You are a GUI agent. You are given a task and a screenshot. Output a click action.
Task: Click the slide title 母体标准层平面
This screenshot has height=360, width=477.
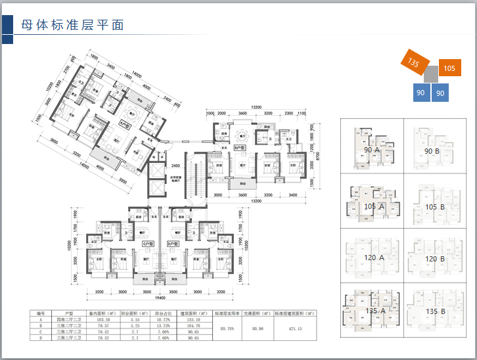point(73,26)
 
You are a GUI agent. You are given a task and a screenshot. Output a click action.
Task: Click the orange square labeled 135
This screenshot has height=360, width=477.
point(414,62)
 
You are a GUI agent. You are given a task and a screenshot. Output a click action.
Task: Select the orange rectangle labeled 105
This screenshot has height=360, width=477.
point(449,68)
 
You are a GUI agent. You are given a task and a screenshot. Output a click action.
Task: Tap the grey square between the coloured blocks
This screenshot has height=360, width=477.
point(431,74)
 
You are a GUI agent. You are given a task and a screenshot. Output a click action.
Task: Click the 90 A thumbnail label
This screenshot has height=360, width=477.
point(372,150)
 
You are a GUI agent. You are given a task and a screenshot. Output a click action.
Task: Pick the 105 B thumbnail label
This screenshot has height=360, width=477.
point(434,207)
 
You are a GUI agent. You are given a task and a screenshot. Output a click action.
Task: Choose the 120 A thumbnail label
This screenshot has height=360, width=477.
point(373,258)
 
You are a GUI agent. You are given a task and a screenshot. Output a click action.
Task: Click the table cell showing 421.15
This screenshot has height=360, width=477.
point(295,328)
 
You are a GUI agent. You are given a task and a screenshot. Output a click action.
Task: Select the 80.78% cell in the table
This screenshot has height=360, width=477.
point(227,328)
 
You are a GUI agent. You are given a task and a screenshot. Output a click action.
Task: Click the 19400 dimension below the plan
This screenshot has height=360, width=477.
point(160,297)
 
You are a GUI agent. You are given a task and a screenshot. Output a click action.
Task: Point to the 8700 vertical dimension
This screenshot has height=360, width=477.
point(317,156)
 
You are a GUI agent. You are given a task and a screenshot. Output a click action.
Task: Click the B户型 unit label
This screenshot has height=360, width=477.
point(239,148)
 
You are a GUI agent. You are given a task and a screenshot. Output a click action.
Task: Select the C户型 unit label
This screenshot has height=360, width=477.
point(147,244)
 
